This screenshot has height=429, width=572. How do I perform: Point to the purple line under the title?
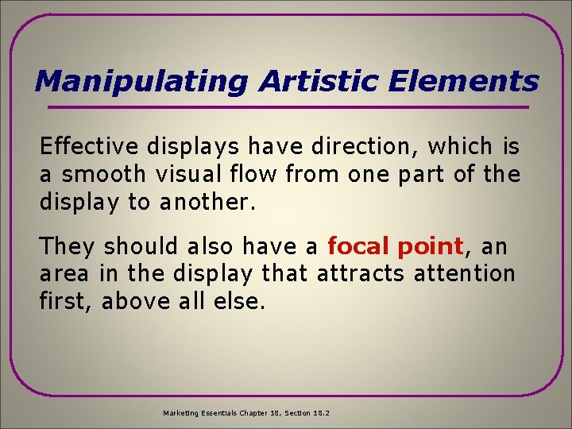[288, 107]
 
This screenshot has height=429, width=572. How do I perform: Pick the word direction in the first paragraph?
[368, 146]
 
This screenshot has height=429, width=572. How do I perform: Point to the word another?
[207, 201]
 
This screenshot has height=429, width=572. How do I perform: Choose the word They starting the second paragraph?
[68, 246]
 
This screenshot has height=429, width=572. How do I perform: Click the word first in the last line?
[67, 301]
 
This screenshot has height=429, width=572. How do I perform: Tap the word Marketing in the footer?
[182, 413]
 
